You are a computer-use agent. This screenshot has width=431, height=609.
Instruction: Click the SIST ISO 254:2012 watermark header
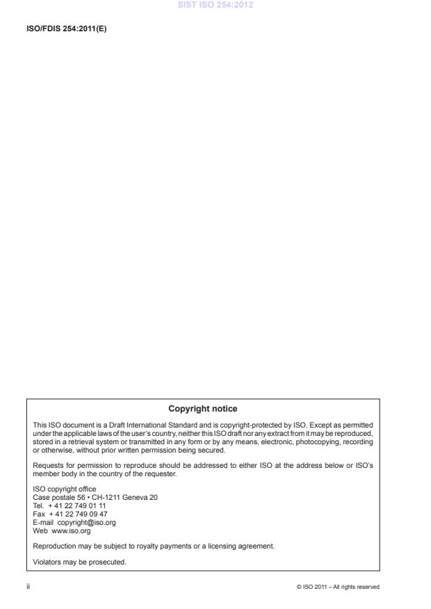[x=215, y=6]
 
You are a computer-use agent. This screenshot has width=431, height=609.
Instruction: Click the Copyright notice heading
[x=203, y=408]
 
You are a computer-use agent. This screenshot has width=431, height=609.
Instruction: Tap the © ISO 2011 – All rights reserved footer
[x=337, y=587]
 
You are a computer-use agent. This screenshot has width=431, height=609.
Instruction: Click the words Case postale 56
[x=57, y=498]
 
